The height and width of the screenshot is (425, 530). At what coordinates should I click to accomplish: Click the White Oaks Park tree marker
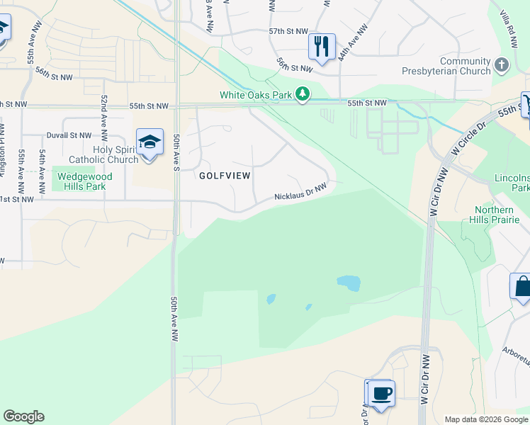pyautogui.click(x=303, y=94)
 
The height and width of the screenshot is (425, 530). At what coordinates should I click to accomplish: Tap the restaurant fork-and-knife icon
pyautogui.click(x=322, y=47)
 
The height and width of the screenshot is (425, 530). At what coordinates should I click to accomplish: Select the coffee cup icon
pyautogui.click(x=381, y=392)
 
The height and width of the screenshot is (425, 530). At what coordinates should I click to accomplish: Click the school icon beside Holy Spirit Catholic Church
pyautogui.click(x=150, y=142)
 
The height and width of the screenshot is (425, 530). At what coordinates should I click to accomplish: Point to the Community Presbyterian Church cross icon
pyautogui.click(x=502, y=66)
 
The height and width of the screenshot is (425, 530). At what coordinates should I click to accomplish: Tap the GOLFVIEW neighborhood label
pyautogui.click(x=225, y=174)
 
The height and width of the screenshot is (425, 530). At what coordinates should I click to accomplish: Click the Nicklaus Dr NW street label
pyautogui.click(x=300, y=192)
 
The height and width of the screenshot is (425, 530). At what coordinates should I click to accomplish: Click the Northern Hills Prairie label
pyautogui.click(x=495, y=215)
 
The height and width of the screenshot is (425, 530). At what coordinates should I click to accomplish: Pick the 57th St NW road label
pyautogui.click(x=288, y=32)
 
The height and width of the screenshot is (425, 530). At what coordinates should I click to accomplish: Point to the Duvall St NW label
pyautogui.click(x=69, y=135)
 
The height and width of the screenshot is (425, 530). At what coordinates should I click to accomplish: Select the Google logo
pyautogui.click(x=23, y=416)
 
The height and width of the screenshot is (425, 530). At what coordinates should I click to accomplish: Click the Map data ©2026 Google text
pyautogui.click(x=485, y=419)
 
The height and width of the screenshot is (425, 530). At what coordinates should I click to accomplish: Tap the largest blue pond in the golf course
pyautogui.click(x=349, y=283)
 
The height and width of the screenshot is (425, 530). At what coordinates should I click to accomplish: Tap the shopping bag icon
pyautogui.click(x=521, y=287)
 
